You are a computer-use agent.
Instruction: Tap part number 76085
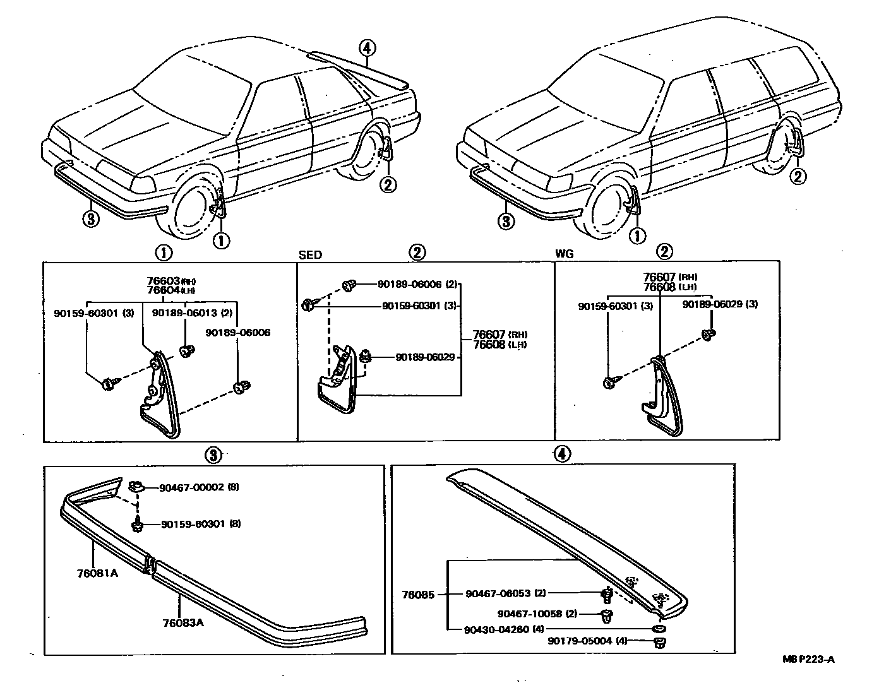click(418, 594)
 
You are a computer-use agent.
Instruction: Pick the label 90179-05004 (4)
click(588, 641)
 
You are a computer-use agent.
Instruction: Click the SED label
click(309, 255)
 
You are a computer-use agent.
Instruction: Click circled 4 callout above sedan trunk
click(368, 47)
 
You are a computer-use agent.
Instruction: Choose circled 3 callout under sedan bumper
click(91, 219)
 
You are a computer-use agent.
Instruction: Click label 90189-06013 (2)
click(182, 312)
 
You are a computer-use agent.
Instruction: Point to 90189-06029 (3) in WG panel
click(721, 304)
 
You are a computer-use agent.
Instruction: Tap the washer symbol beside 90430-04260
click(659, 629)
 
